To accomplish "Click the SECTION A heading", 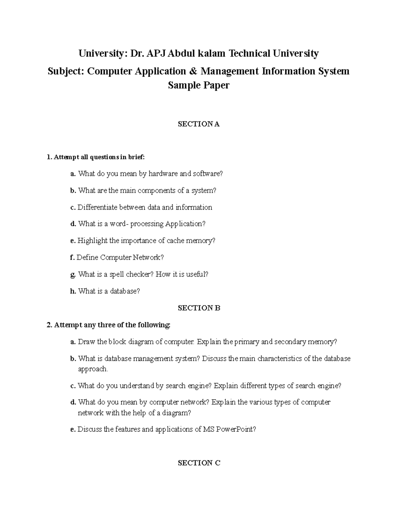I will [x=199, y=124].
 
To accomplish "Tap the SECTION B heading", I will [x=199, y=308].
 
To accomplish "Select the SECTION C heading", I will [x=199, y=463].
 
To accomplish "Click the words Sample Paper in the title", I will [x=199, y=86].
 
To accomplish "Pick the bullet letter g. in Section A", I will [x=73, y=275].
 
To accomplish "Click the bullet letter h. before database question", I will [x=73, y=291].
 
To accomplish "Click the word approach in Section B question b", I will [x=93, y=369].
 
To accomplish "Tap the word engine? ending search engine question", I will [x=329, y=386].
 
